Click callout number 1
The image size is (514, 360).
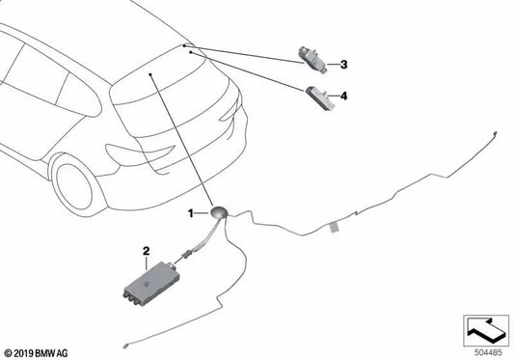pyautogui.click(x=191, y=212)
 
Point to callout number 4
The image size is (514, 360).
pyautogui.click(x=343, y=96)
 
